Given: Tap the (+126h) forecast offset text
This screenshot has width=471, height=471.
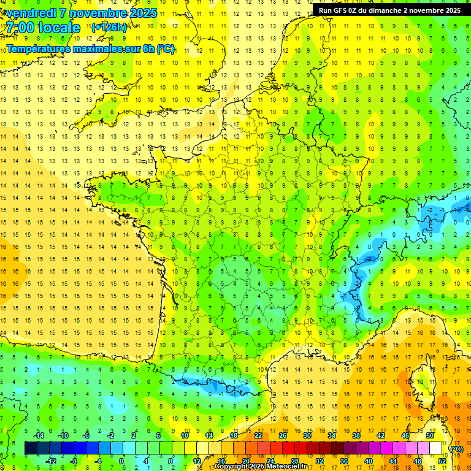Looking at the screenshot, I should pyautogui.click(x=109, y=28).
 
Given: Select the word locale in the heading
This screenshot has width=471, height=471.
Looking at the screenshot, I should pyautogui.click(x=59, y=28).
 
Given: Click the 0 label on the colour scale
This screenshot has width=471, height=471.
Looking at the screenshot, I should pyautogui.click(x=121, y=461).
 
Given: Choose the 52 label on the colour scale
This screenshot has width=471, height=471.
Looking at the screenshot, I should pyautogui.click(x=442, y=461).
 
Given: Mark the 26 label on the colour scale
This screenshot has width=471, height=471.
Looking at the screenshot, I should pyautogui.click(x=283, y=435).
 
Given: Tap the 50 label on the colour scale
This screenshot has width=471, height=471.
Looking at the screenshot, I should pyautogui.click(x=429, y=435).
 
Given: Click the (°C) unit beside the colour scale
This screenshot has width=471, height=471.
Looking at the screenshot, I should pyautogui.click(x=456, y=448).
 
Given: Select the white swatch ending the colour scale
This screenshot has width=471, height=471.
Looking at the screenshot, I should pyautogui.click(x=436, y=448).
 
